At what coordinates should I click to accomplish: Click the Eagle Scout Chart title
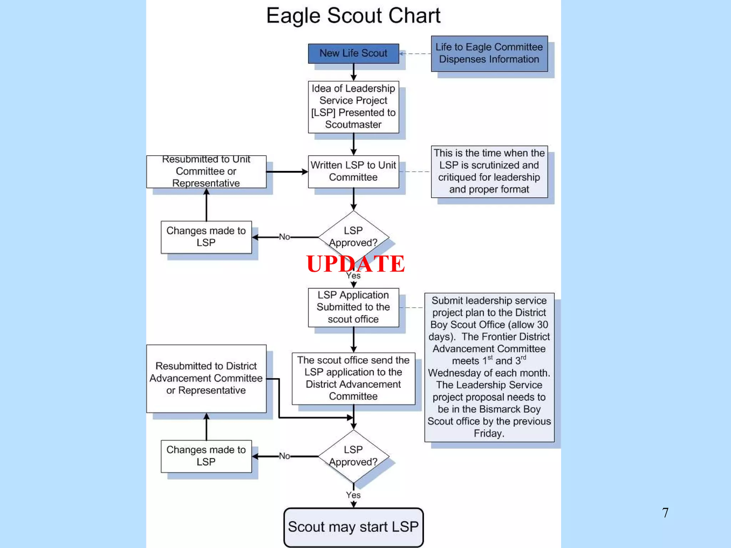point(353,16)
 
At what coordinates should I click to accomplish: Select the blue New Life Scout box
point(353,54)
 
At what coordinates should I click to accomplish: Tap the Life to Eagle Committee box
point(489,54)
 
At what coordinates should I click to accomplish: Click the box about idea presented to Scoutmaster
point(353,107)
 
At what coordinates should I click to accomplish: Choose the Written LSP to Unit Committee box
point(353,172)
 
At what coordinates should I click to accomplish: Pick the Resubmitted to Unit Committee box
point(206,172)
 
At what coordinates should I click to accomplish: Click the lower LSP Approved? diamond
point(353,456)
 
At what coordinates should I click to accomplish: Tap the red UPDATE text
point(355,264)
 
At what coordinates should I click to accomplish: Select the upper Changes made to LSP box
point(206,237)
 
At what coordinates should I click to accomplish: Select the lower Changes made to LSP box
point(206,456)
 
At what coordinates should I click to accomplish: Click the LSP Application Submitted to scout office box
point(353,307)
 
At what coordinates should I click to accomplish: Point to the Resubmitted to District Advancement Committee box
point(206,378)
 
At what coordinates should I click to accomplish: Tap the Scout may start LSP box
point(353,527)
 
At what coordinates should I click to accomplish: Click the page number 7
point(665,513)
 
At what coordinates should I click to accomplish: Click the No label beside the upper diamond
point(284,237)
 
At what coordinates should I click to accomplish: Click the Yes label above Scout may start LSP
point(353,495)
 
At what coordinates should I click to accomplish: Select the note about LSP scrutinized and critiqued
point(489,172)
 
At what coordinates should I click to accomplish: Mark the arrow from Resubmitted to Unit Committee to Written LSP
point(287,172)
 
